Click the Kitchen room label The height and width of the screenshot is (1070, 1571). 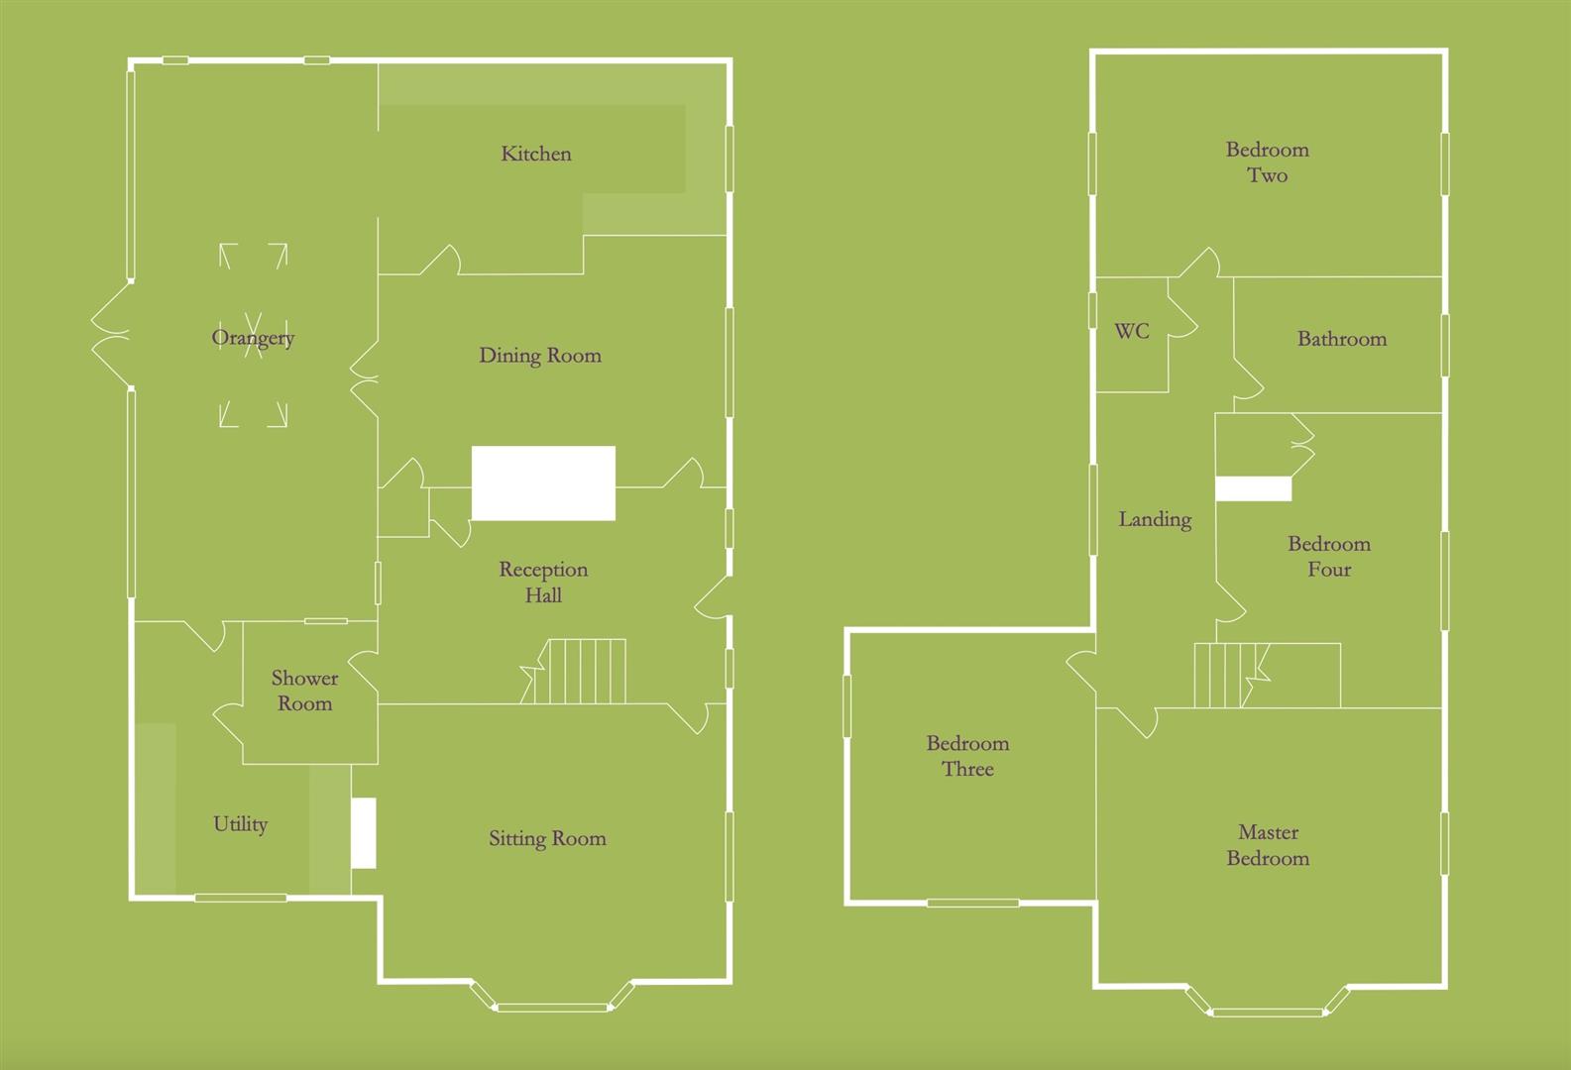pyautogui.click(x=536, y=154)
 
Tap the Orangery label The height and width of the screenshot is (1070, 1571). pyautogui.click(x=253, y=338)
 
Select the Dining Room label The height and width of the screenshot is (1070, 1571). pyautogui.click(x=540, y=356)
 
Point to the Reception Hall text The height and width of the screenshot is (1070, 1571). pyautogui.click(x=543, y=582)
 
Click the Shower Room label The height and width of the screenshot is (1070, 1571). pyautogui.click(x=304, y=691)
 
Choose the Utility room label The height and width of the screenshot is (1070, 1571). pyautogui.click(x=240, y=824)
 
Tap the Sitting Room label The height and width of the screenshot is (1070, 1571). pyautogui.click(x=547, y=839)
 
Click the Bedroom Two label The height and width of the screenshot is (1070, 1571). pyautogui.click(x=1267, y=162)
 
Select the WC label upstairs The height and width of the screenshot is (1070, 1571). pyautogui.click(x=1132, y=331)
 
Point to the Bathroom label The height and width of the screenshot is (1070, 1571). pyautogui.click(x=1341, y=339)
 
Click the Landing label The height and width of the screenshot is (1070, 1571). pyautogui.click(x=1155, y=519)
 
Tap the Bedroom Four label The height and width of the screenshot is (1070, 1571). pyautogui.click(x=1328, y=556)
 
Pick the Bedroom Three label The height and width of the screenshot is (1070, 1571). pyautogui.click(x=967, y=756)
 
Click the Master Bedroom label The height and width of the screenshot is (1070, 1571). pyautogui.click(x=1268, y=845)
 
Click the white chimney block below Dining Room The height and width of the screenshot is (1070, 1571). pyautogui.click(x=543, y=483)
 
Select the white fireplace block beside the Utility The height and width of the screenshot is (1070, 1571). pyautogui.click(x=364, y=833)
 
